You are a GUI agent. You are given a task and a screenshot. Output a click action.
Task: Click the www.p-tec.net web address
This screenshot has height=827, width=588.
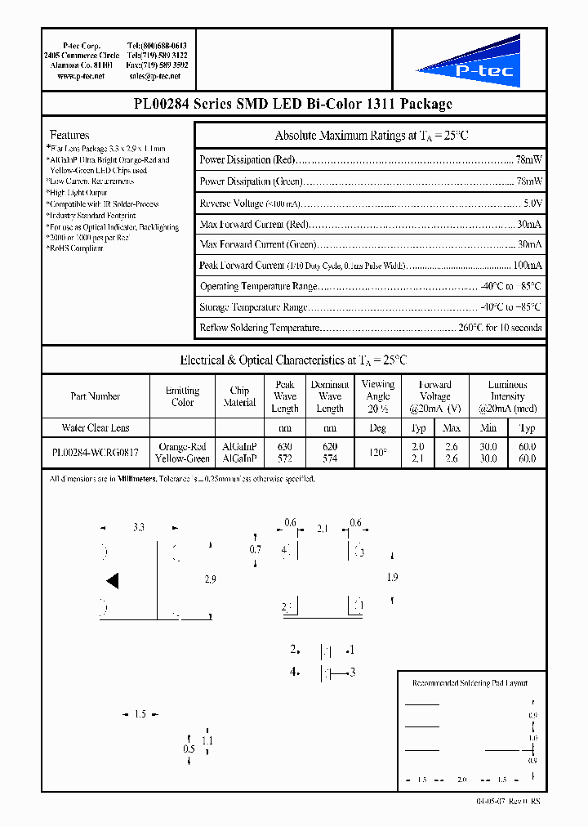[81, 76]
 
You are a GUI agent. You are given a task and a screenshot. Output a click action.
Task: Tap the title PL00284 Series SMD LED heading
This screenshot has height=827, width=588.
[292, 104]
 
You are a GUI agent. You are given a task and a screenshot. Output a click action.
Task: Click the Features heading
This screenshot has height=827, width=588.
[69, 135]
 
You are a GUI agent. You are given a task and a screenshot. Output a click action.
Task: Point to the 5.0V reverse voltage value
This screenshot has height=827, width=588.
[532, 203]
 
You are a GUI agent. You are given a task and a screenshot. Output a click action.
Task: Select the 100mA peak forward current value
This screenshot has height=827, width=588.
[527, 266]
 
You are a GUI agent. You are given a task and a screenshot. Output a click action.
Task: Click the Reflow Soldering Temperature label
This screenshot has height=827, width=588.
[259, 328]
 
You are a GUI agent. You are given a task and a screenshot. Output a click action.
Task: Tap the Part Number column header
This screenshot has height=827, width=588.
[95, 396]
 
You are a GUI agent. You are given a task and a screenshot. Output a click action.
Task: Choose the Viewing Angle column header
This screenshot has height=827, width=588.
[377, 396]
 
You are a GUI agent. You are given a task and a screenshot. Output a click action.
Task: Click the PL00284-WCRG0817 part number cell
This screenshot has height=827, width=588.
[95, 453]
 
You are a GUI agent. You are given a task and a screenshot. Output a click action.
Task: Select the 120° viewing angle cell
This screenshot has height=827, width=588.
[377, 453]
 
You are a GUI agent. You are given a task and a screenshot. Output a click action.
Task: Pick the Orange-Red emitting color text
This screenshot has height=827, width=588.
[182, 447]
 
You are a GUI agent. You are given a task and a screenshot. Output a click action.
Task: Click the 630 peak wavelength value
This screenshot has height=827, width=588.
[284, 447]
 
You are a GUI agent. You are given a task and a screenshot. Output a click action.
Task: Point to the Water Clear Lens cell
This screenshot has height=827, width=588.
[95, 427]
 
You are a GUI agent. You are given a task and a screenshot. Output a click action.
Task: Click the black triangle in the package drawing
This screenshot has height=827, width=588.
[113, 581]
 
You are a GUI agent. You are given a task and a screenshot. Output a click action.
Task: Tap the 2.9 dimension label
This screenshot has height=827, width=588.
[210, 579]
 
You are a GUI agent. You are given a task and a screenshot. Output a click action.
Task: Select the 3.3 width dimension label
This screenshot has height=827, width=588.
[139, 529]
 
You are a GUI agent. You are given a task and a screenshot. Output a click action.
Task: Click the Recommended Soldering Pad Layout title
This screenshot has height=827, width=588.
[470, 682]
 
